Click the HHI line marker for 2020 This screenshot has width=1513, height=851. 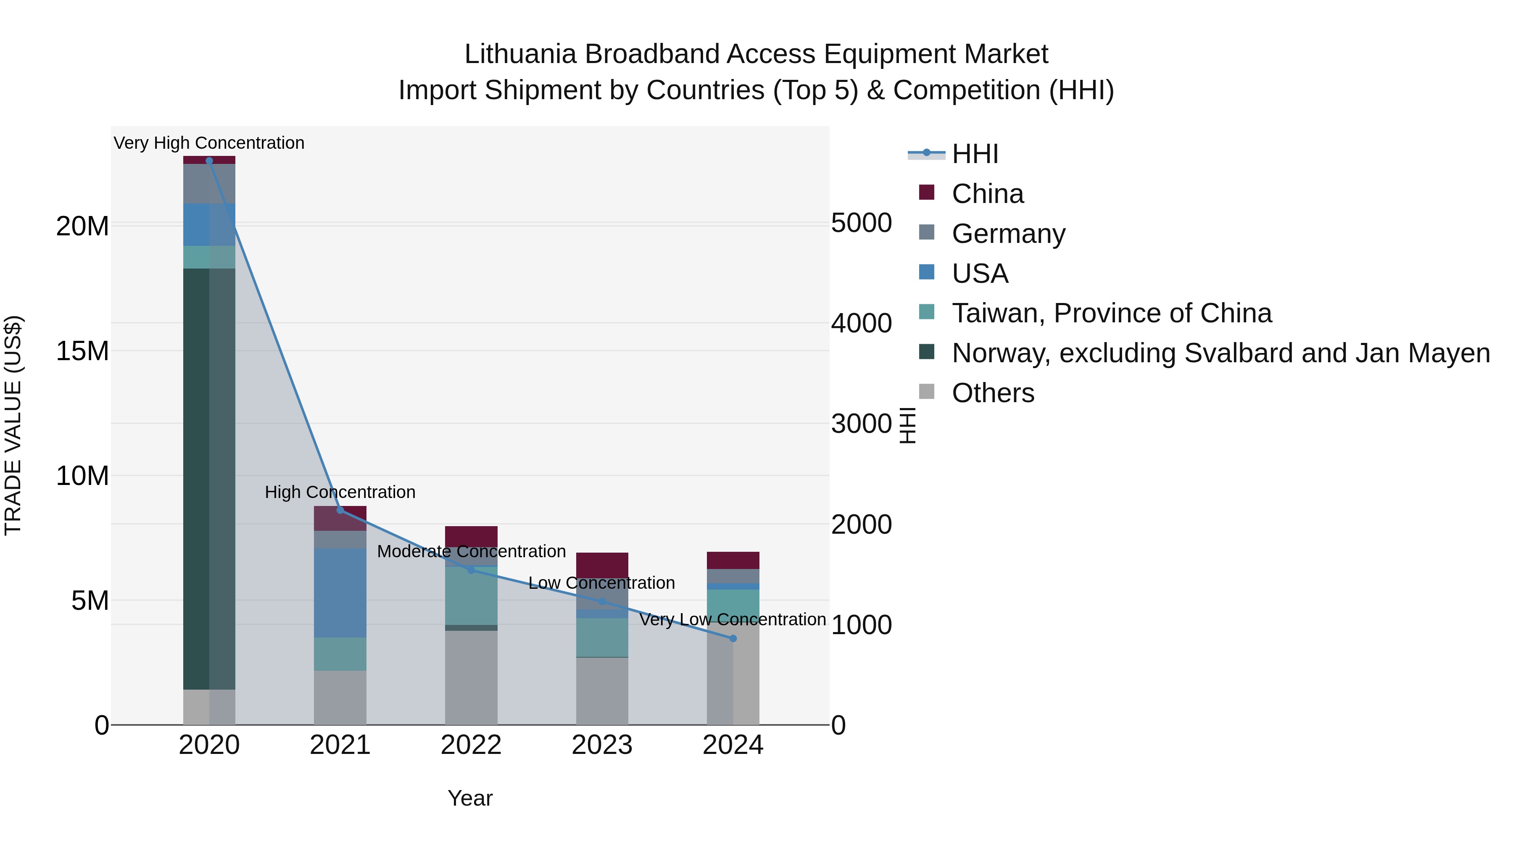coord(209,161)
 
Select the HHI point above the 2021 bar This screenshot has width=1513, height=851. coord(340,510)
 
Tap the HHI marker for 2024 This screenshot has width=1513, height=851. coord(733,638)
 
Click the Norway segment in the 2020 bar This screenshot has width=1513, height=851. coord(209,479)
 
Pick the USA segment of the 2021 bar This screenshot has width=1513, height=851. coord(340,593)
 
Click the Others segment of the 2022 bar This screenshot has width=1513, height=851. coord(471,678)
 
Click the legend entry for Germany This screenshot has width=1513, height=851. coord(1008,234)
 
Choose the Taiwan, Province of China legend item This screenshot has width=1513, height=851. coord(1111,313)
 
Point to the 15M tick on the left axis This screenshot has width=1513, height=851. coord(83,351)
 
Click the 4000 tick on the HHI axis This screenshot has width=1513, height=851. coord(861,323)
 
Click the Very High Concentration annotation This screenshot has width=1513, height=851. coord(209,143)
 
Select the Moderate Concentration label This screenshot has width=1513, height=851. coord(471,551)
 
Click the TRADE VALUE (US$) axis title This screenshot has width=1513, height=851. coord(13,425)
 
